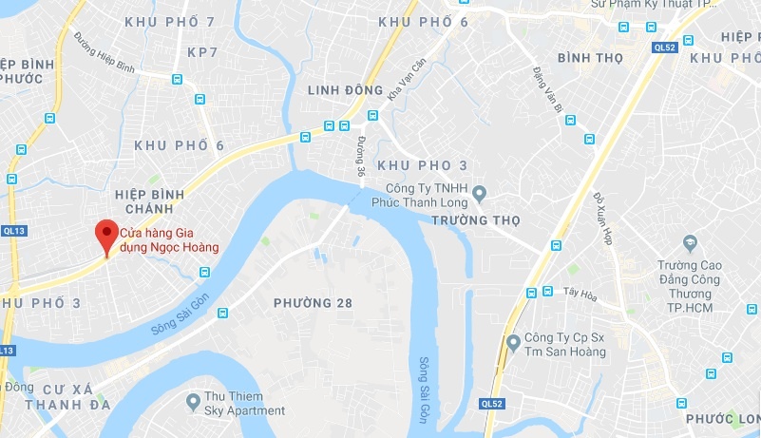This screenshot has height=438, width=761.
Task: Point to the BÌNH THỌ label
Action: click(x=590, y=58)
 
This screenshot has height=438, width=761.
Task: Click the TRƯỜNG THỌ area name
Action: click(x=476, y=220)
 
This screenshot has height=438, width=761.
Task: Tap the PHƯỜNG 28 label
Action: click(x=313, y=303)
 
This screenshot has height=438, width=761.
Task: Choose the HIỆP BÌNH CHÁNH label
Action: click(x=143, y=201)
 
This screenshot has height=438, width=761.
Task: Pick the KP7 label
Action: click(x=202, y=51)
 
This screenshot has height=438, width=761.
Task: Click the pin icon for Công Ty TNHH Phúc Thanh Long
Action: click(x=480, y=194)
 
